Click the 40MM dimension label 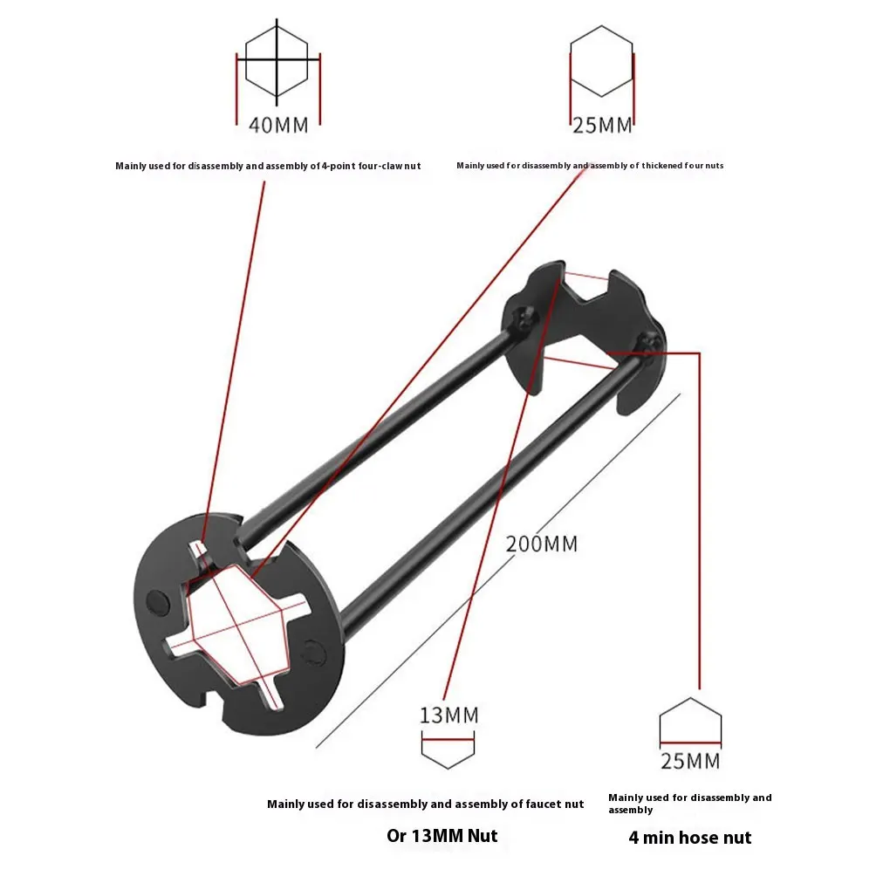point(278,125)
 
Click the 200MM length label point(542,544)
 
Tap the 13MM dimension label point(448,716)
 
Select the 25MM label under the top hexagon point(602,126)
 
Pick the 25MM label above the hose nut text point(690,761)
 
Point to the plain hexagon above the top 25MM point(602,60)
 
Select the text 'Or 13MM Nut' point(442,836)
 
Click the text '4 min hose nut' point(689,838)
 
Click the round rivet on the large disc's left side point(157,600)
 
